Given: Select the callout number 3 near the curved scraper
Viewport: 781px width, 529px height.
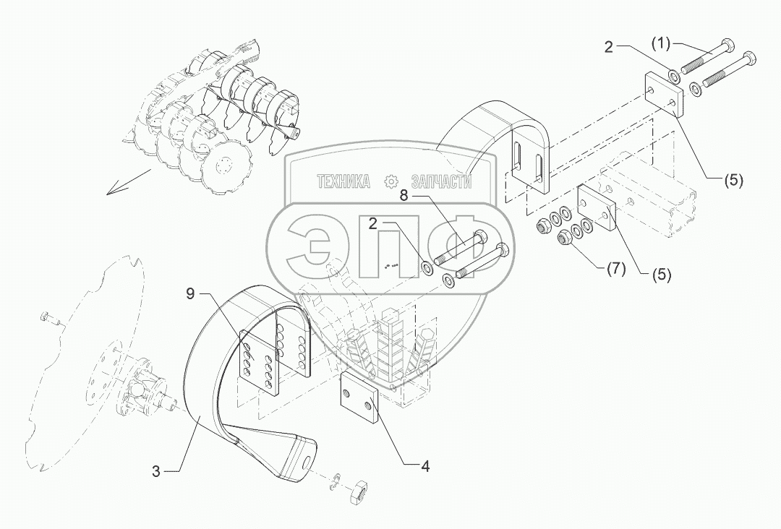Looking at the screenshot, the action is tap(155, 471).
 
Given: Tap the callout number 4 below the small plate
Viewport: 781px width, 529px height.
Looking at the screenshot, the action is tap(426, 467).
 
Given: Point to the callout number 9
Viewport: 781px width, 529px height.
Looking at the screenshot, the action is tap(190, 294).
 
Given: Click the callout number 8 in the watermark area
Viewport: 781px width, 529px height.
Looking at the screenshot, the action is tap(404, 195).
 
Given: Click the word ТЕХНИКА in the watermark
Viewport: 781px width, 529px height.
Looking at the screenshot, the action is tap(343, 182).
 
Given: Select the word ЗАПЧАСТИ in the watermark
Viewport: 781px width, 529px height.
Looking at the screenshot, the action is tap(440, 182).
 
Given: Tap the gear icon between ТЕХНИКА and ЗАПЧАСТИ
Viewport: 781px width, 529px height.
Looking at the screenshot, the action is tap(390, 181).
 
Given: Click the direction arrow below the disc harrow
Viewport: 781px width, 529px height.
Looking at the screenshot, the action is tap(128, 182).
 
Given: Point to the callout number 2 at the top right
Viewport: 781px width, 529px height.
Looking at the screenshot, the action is tap(609, 48).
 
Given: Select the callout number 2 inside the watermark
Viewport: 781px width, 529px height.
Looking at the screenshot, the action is tap(374, 225).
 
